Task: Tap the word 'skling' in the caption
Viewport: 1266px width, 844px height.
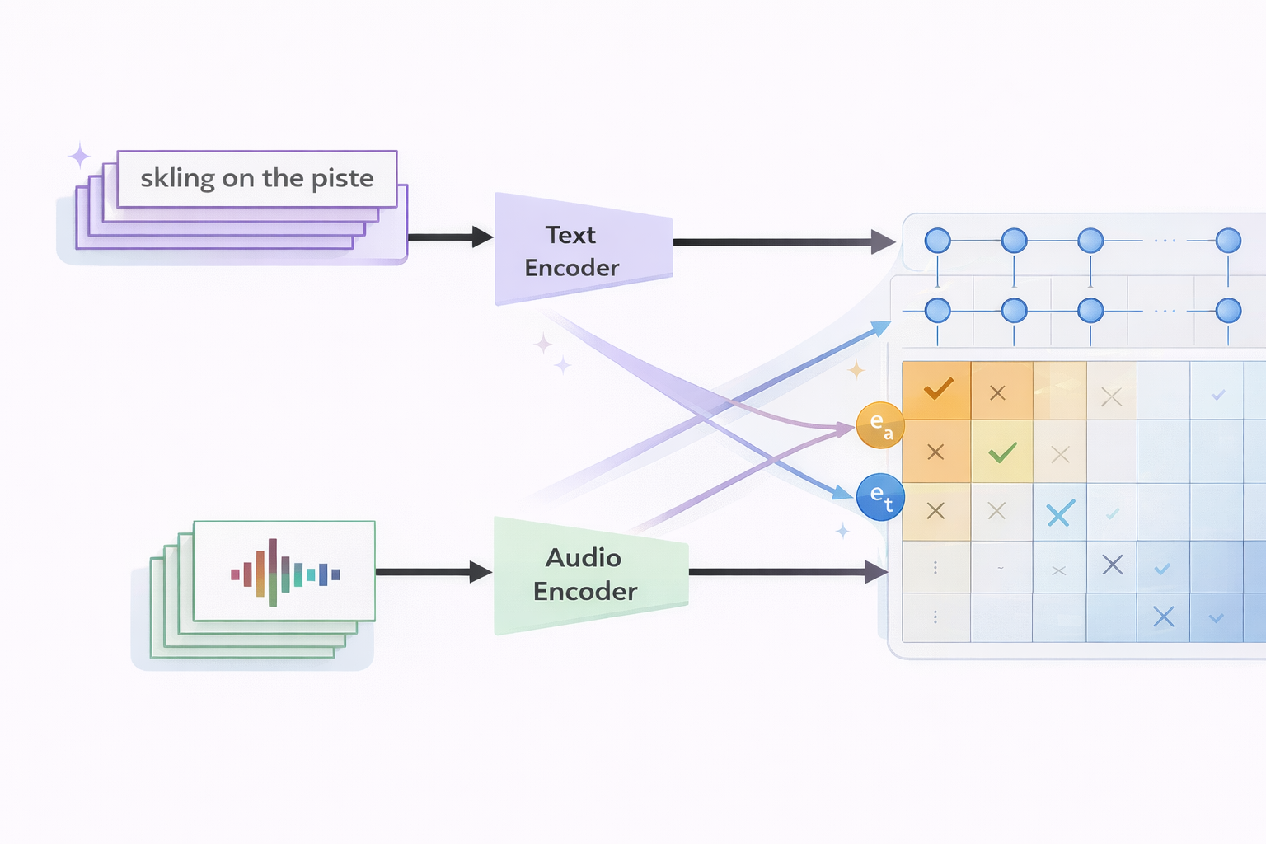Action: pyautogui.click(x=177, y=178)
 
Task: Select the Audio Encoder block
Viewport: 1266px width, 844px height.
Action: pyautogui.click(x=590, y=575)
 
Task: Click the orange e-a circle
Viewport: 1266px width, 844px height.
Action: pyautogui.click(x=880, y=425)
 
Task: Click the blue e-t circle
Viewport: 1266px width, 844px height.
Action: pyautogui.click(x=880, y=497)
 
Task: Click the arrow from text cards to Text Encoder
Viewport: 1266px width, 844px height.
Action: pyautogui.click(x=449, y=237)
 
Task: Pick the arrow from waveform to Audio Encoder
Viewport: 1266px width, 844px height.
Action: pyautogui.click(x=433, y=571)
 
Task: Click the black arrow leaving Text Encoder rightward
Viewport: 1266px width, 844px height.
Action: pyautogui.click(x=783, y=241)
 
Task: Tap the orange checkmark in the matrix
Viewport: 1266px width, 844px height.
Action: pyautogui.click(x=938, y=388)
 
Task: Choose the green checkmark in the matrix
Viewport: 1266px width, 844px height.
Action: pyautogui.click(x=1002, y=452)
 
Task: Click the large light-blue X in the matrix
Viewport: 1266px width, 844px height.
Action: pyautogui.click(x=1060, y=513)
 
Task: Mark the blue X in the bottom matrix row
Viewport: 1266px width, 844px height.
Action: pyautogui.click(x=1163, y=617)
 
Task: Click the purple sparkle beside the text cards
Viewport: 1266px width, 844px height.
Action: pyautogui.click(x=79, y=155)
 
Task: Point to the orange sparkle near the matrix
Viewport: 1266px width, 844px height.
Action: pyautogui.click(x=856, y=369)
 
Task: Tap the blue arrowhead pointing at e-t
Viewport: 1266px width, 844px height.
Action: pyautogui.click(x=843, y=492)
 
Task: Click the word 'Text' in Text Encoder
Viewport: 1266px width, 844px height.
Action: pyautogui.click(x=570, y=235)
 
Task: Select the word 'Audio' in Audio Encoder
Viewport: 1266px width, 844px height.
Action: pyautogui.click(x=584, y=558)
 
